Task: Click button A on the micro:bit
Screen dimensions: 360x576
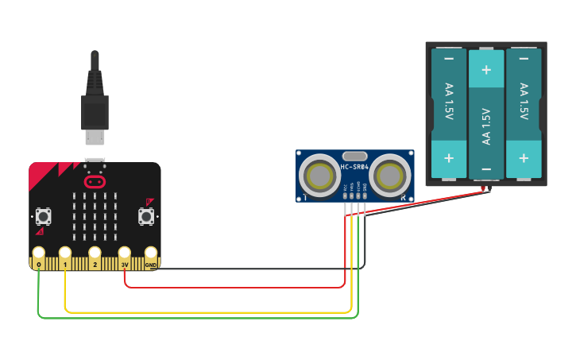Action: point(43,215)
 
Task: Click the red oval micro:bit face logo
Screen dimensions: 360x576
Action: point(95,181)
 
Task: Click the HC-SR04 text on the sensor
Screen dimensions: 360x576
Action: point(354,167)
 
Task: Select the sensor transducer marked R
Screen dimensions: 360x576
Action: point(389,175)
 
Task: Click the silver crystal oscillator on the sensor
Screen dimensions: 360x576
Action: point(354,156)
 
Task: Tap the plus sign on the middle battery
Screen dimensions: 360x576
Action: point(486,70)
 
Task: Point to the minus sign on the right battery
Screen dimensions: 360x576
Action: point(524,59)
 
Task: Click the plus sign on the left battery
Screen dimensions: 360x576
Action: point(449,157)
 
